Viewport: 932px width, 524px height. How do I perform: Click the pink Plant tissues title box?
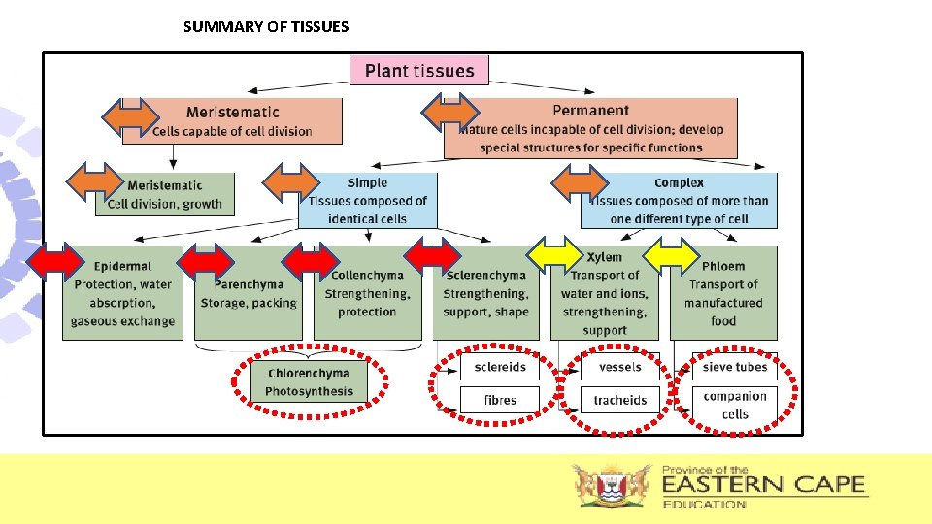(x=418, y=71)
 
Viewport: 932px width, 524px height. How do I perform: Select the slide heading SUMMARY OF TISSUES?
(x=266, y=27)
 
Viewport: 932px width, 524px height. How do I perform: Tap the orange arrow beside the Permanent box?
(x=449, y=113)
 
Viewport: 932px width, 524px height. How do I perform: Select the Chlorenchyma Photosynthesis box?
(x=309, y=382)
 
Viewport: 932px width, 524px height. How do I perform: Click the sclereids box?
(x=500, y=367)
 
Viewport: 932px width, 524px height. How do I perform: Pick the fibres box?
(x=500, y=400)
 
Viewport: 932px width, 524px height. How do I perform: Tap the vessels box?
(x=619, y=367)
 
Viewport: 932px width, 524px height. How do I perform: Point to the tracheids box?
(x=619, y=400)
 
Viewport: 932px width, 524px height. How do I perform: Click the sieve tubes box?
(x=735, y=367)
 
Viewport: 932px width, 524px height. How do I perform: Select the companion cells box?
(x=735, y=405)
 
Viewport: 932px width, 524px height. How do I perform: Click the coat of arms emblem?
(x=611, y=486)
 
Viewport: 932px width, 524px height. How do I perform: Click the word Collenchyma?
(x=368, y=276)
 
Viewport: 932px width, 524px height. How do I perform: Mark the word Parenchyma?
(x=250, y=284)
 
